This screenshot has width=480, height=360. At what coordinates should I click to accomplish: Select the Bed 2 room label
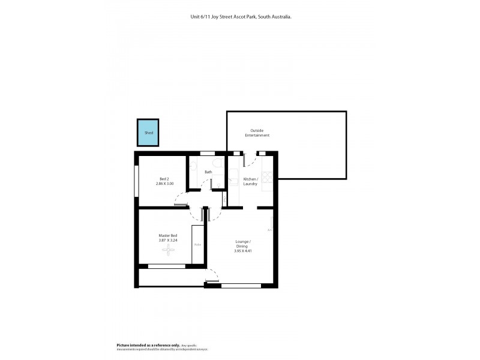pyautogui.click(x=164, y=178)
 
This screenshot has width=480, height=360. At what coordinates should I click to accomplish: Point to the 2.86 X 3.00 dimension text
pyautogui.click(x=164, y=184)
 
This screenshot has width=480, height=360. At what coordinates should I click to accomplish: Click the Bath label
pyautogui.click(x=208, y=172)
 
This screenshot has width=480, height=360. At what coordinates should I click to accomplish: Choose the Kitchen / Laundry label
pyautogui.click(x=250, y=182)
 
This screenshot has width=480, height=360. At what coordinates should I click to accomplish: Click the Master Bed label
pyautogui.click(x=167, y=235)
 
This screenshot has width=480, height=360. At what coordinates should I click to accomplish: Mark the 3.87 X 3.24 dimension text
pyautogui.click(x=167, y=241)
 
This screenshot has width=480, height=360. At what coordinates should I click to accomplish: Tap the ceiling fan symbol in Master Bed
pyautogui.click(x=166, y=251)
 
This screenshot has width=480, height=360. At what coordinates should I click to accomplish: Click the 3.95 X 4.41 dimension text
pyautogui.click(x=243, y=251)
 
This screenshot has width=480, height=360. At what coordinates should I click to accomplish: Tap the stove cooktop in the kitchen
pyautogui.click(x=268, y=176)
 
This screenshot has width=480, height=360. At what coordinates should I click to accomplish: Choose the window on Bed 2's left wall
pyautogui.click(x=137, y=180)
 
